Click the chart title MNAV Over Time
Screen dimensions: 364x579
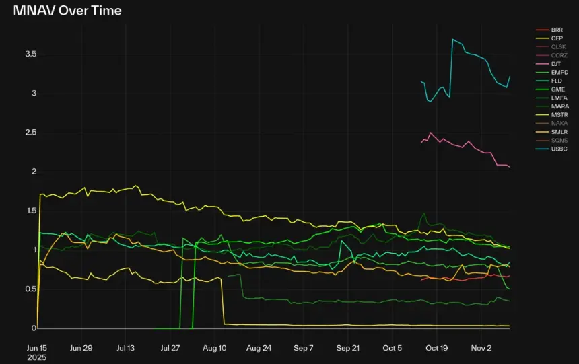pos(67,11)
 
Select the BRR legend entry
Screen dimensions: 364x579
pos(557,30)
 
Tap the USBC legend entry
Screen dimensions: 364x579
pos(559,148)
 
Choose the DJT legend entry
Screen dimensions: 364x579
pos(556,63)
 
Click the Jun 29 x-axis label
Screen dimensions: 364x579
pos(81,348)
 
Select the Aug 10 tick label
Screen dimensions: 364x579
pos(214,348)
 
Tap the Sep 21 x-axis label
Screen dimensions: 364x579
pos(348,348)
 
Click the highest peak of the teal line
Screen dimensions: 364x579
pos(452,40)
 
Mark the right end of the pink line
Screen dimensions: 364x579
pos(510,167)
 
